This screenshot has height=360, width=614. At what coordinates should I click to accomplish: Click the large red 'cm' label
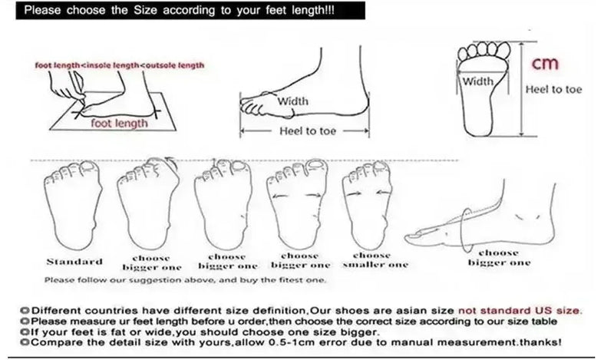point(544,64)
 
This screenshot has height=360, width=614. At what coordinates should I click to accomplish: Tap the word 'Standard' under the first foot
point(74,262)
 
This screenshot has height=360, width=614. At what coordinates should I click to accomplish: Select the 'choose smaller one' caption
point(375,260)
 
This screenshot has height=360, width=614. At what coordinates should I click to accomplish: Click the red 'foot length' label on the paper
point(119,123)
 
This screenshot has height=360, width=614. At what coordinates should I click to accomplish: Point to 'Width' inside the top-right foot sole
point(477,81)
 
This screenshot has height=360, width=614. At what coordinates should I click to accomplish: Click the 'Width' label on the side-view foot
point(292,101)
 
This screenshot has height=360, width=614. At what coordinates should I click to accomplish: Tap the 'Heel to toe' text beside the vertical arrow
point(553,89)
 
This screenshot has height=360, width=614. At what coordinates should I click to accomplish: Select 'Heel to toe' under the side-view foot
point(308,130)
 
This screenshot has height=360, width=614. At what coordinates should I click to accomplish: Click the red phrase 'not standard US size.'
point(520,311)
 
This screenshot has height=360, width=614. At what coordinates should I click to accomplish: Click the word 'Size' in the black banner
point(145,10)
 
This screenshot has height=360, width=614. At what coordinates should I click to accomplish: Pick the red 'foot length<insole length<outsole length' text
point(120,65)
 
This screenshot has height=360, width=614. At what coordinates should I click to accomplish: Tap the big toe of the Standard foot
point(89,169)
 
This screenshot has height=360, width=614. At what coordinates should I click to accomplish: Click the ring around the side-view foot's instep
point(465,230)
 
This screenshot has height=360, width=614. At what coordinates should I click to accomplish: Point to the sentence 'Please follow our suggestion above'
point(185,279)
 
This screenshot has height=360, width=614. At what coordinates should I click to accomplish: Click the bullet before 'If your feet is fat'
point(25,332)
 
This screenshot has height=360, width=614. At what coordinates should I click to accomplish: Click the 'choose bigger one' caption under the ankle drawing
point(500,258)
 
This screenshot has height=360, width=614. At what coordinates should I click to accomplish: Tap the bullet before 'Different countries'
point(25,311)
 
